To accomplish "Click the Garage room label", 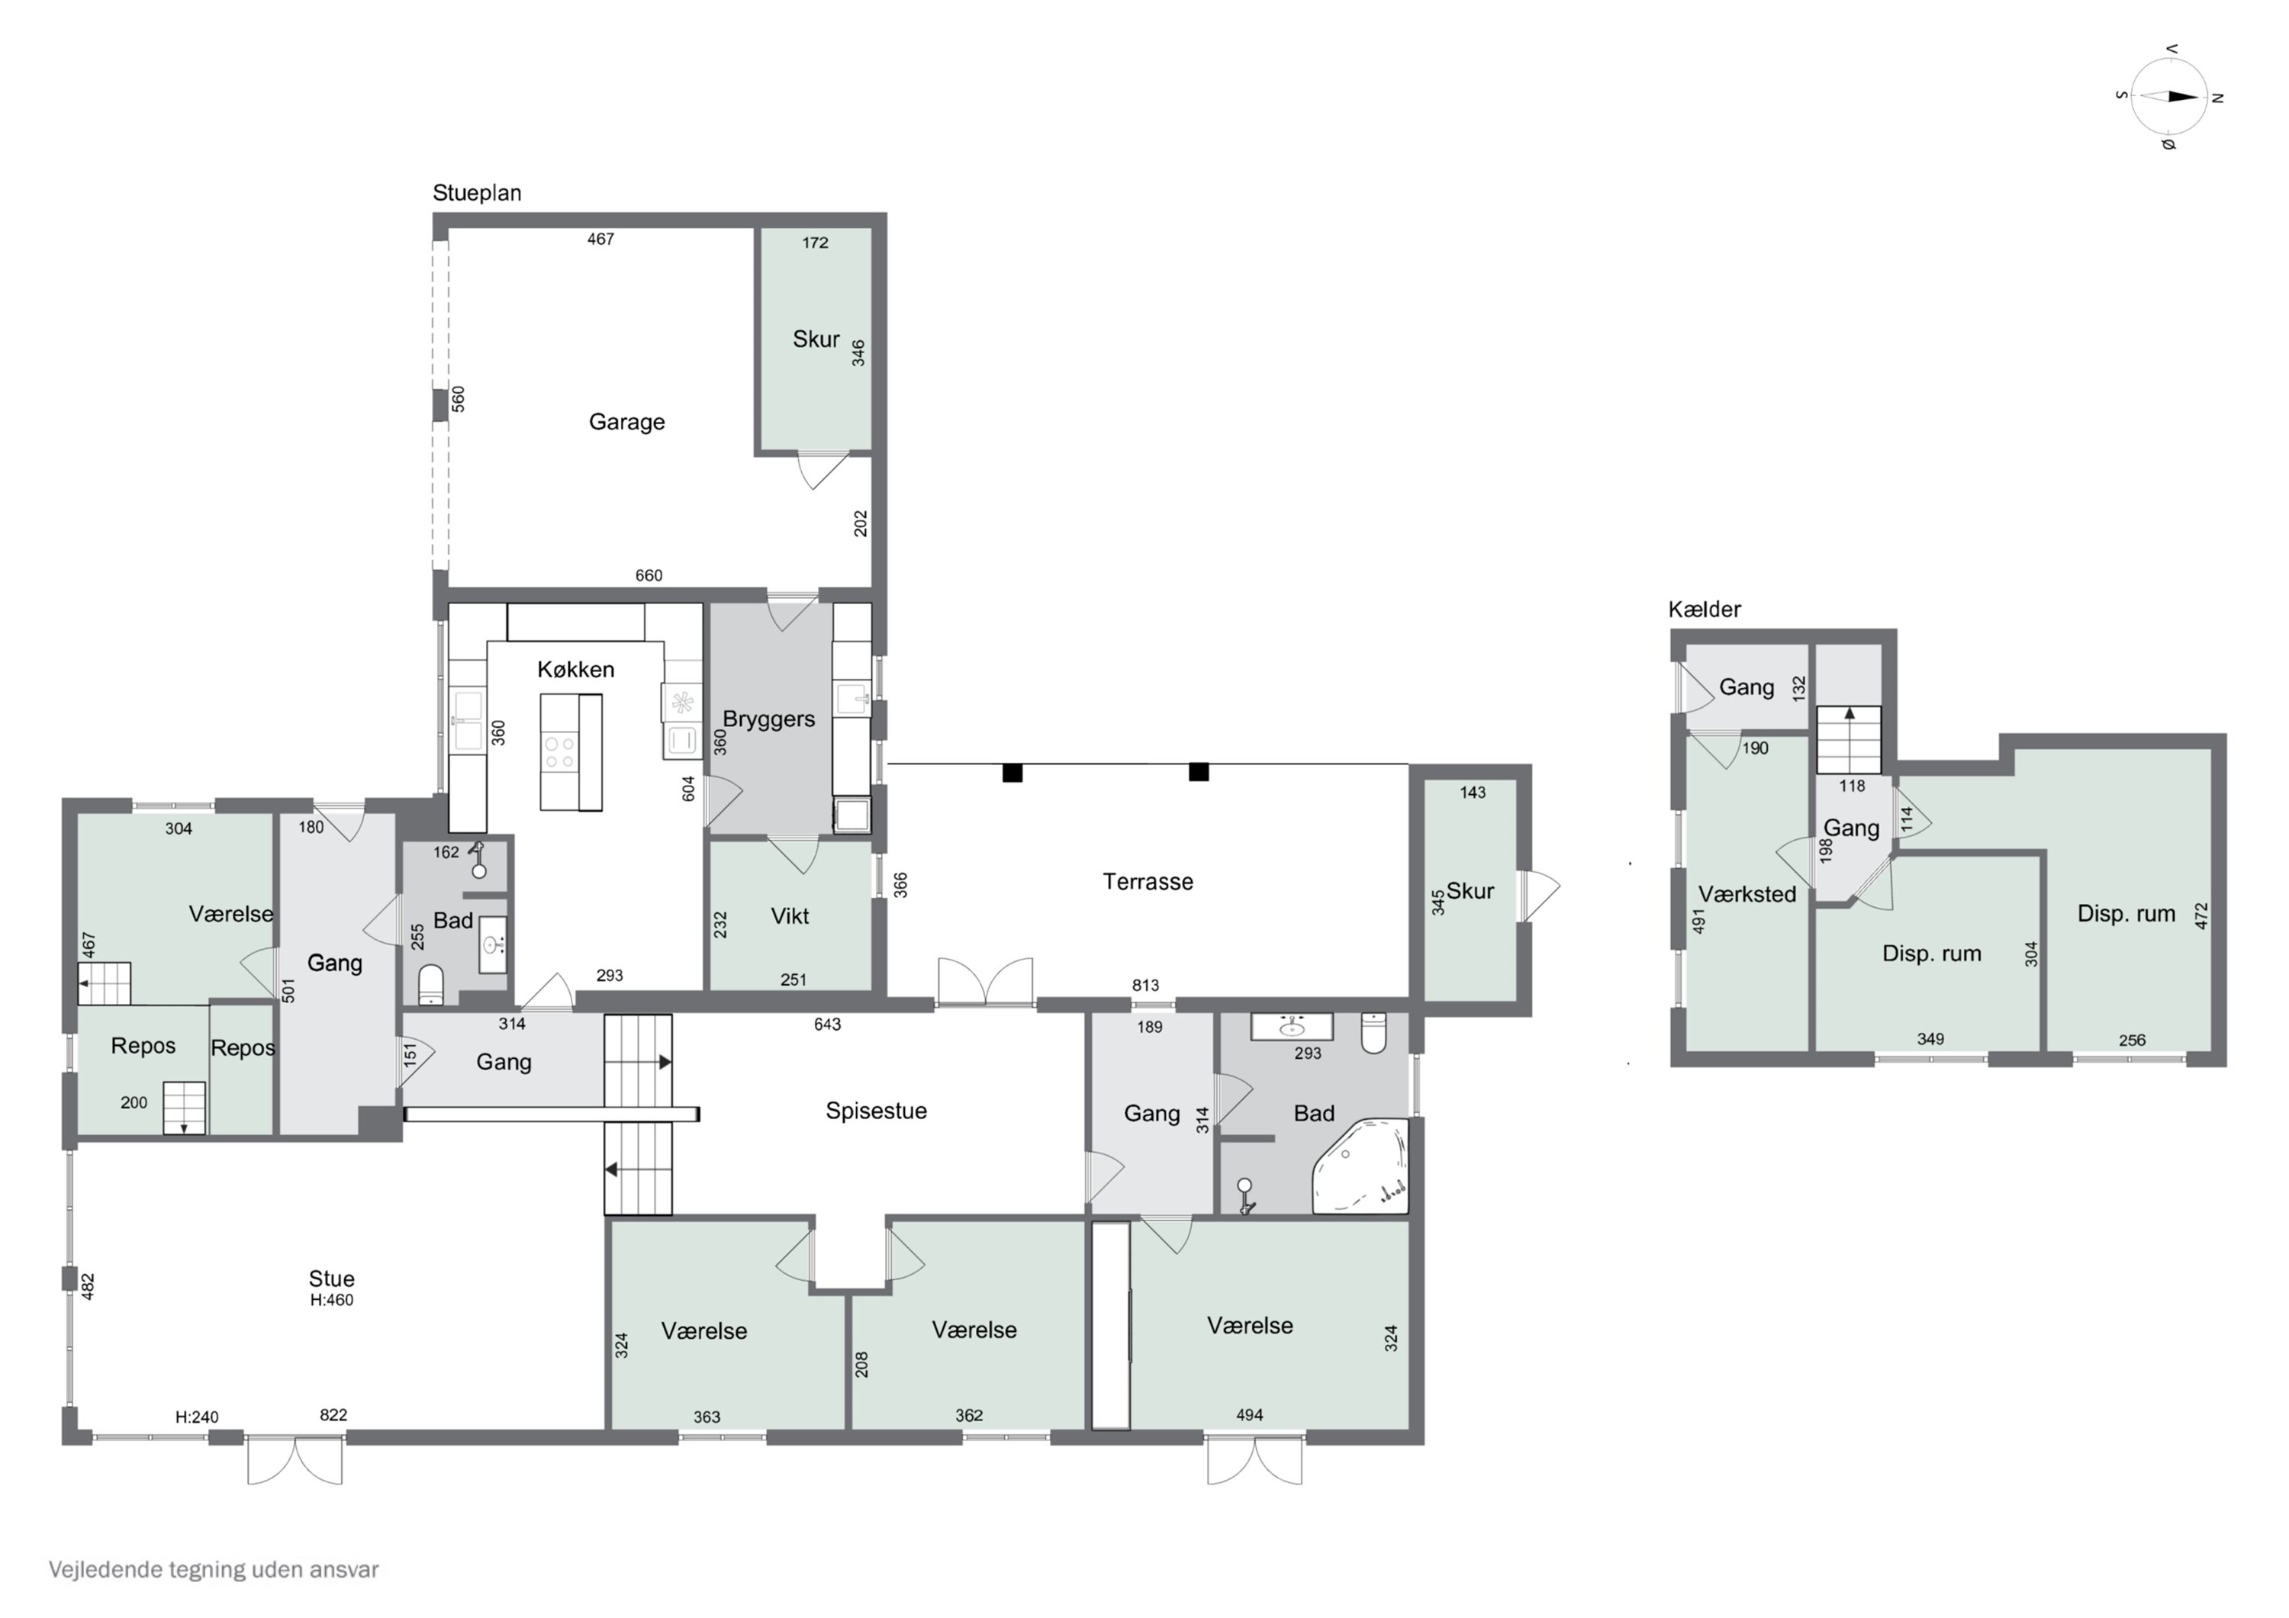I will pyautogui.click(x=626, y=422).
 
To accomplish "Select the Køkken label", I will pyautogui.click(x=575, y=669).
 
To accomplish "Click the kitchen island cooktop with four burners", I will pyautogui.click(x=559, y=753).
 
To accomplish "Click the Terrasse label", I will pyautogui.click(x=1148, y=881).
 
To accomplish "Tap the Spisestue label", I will pyautogui.click(x=875, y=1111).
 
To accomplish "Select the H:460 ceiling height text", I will pyautogui.click(x=331, y=1300).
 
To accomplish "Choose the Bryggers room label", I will pyautogui.click(x=768, y=719).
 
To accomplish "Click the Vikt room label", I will pyautogui.click(x=790, y=916).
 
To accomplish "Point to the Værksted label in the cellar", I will pyautogui.click(x=1747, y=894).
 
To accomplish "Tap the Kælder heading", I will pyautogui.click(x=1704, y=609).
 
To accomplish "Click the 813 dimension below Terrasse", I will pyautogui.click(x=1144, y=985).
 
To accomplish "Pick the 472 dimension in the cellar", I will pyautogui.click(x=2200, y=915).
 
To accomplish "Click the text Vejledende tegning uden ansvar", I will pyautogui.click(x=214, y=1569).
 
